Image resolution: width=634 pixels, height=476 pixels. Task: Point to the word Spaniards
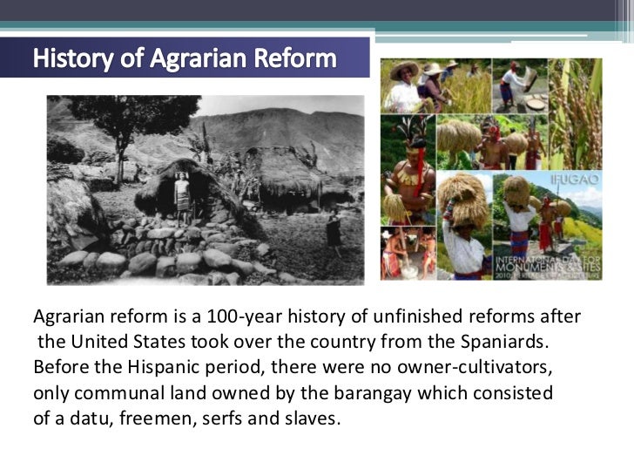point(509,338)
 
